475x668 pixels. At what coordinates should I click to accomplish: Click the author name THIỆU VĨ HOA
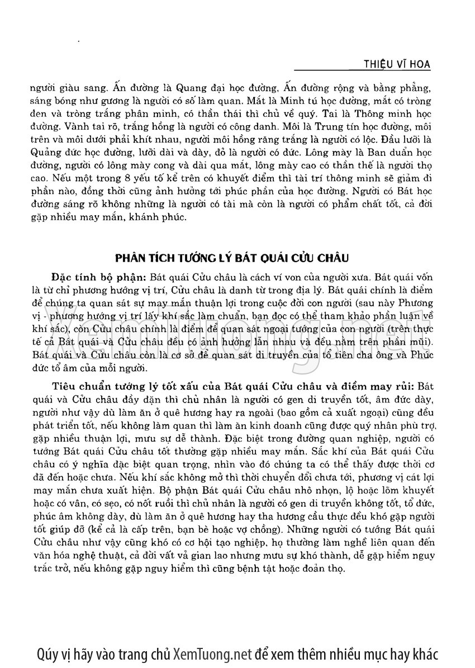click(x=397, y=64)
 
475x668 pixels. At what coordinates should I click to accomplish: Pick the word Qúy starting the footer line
click(x=47, y=655)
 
